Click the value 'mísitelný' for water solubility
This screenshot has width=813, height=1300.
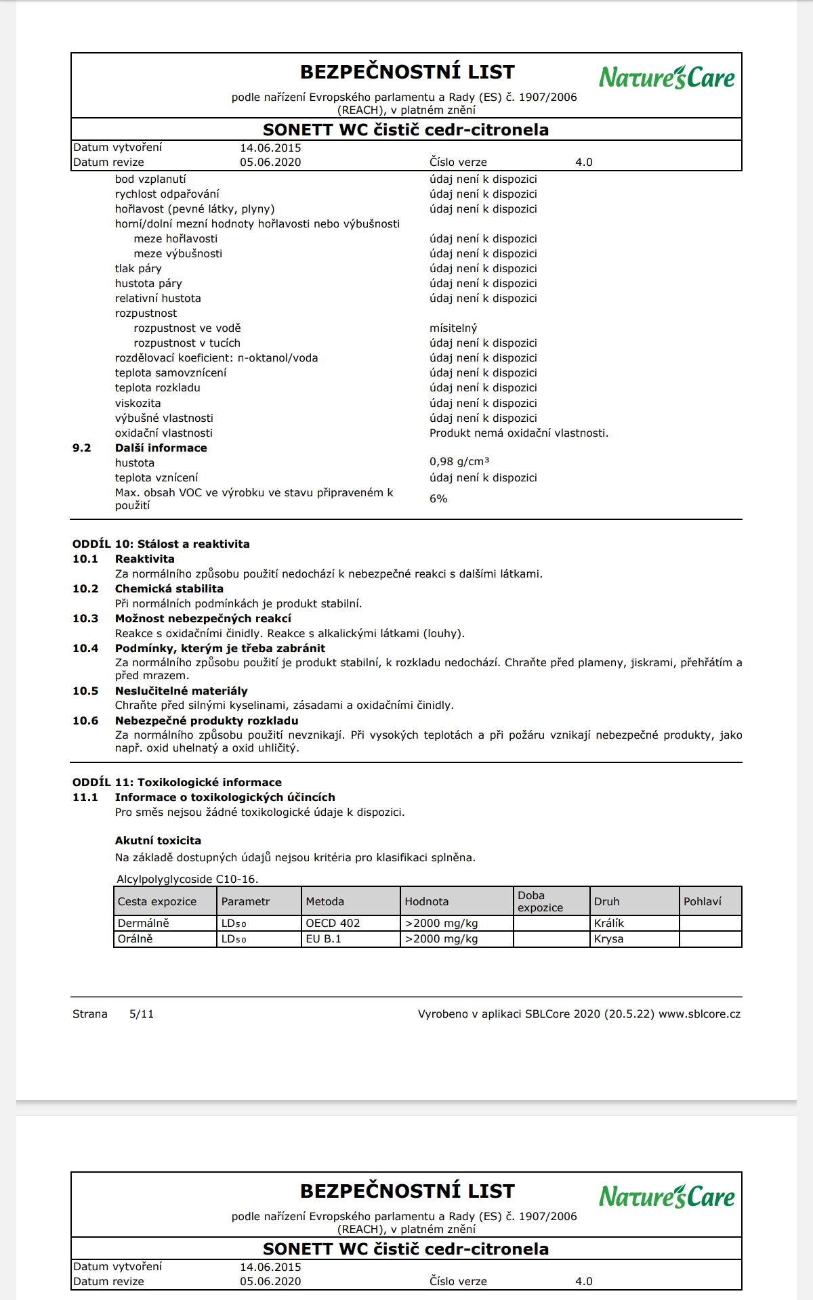pyautogui.click(x=453, y=328)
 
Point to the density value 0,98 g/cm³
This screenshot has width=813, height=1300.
pyautogui.click(x=459, y=462)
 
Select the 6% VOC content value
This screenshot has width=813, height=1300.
pyautogui.click(x=438, y=499)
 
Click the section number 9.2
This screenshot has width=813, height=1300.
pyautogui.click(x=82, y=448)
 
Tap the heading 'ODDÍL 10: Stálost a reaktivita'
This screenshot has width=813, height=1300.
pyautogui.click(x=161, y=544)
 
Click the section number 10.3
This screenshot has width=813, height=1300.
pyautogui.click(x=85, y=619)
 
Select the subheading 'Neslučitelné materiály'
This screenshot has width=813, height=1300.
pyautogui.click(x=181, y=691)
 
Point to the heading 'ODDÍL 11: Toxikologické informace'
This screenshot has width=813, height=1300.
pyautogui.click(x=177, y=783)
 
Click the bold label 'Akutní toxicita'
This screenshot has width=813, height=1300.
pyautogui.click(x=158, y=841)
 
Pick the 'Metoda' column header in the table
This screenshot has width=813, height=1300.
pyautogui.click(x=325, y=902)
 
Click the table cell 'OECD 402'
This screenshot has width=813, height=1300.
pyautogui.click(x=333, y=924)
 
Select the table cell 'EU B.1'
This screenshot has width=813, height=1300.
pyautogui.click(x=323, y=939)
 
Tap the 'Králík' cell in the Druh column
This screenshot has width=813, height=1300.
pyautogui.click(x=609, y=924)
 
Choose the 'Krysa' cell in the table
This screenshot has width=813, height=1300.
pyautogui.click(x=608, y=939)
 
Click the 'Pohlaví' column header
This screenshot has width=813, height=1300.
pyautogui.click(x=702, y=902)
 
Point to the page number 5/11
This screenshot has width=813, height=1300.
pyautogui.click(x=142, y=1014)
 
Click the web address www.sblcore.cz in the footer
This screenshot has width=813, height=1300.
pyautogui.click(x=699, y=1014)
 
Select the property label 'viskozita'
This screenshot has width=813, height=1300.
pyautogui.click(x=138, y=404)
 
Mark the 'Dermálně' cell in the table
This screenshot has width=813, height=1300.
pyautogui.click(x=143, y=924)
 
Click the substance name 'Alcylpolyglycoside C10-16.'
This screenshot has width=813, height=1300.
pyautogui.click(x=187, y=880)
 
